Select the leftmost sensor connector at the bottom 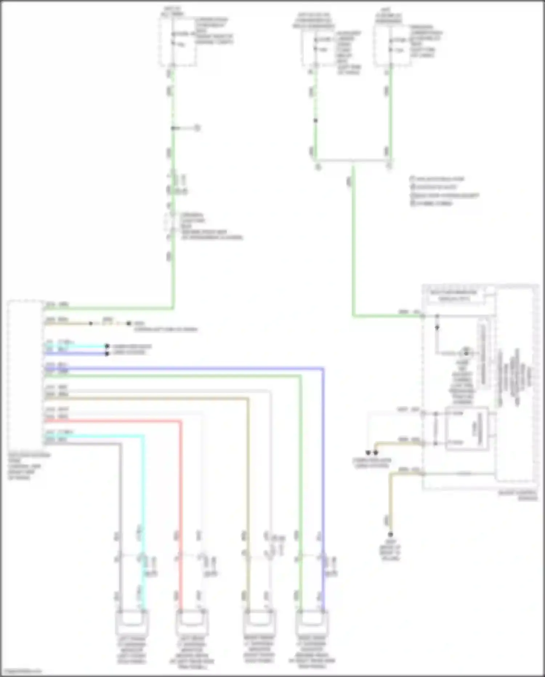(132, 622)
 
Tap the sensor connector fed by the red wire (192, 622)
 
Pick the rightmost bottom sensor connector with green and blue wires (312, 622)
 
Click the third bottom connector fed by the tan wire (259, 622)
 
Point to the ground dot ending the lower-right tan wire (390, 534)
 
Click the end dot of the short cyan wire (107, 346)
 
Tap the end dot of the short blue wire (107, 353)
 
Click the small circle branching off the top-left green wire (197, 128)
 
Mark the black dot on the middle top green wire (315, 121)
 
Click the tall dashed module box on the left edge (25, 375)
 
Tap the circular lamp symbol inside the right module (466, 353)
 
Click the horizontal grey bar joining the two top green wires (353, 160)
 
